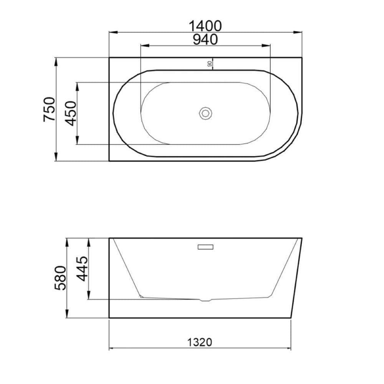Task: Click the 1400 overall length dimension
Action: (x=205, y=26)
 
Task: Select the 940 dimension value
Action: (x=205, y=40)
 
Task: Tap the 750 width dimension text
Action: (x=49, y=109)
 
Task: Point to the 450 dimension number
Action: (x=71, y=113)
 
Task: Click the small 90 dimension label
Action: (x=209, y=64)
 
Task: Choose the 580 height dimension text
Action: (x=60, y=278)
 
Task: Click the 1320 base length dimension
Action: (x=200, y=342)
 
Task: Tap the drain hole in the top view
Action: (x=205, y=113)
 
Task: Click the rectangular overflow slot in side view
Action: (x=205, y=247)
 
